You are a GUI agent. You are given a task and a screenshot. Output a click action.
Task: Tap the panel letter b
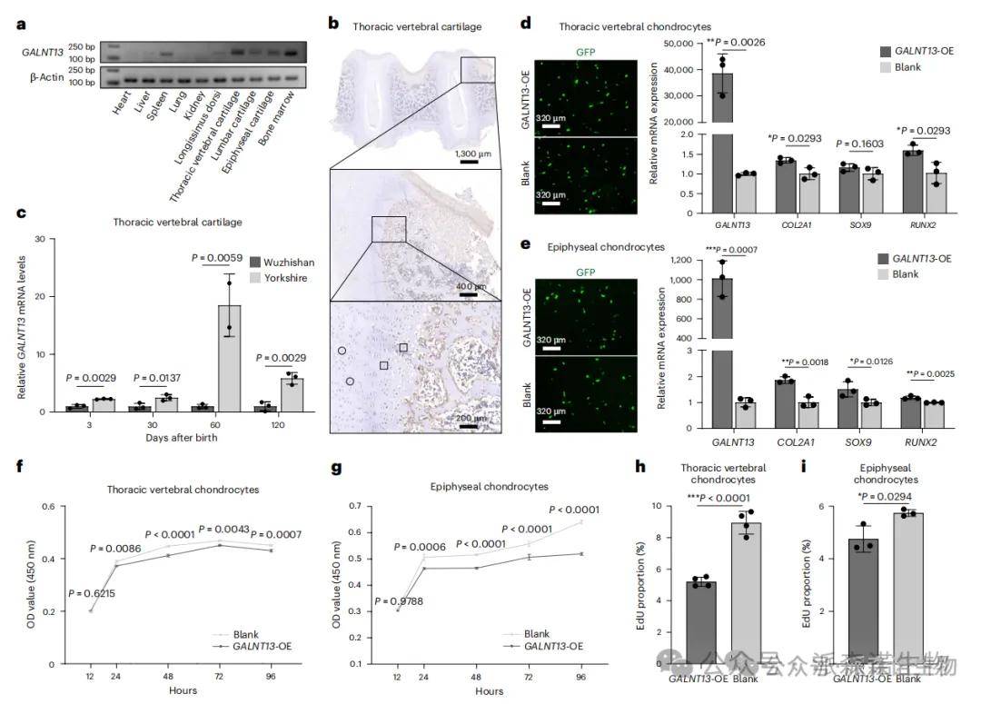pos(333,21)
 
